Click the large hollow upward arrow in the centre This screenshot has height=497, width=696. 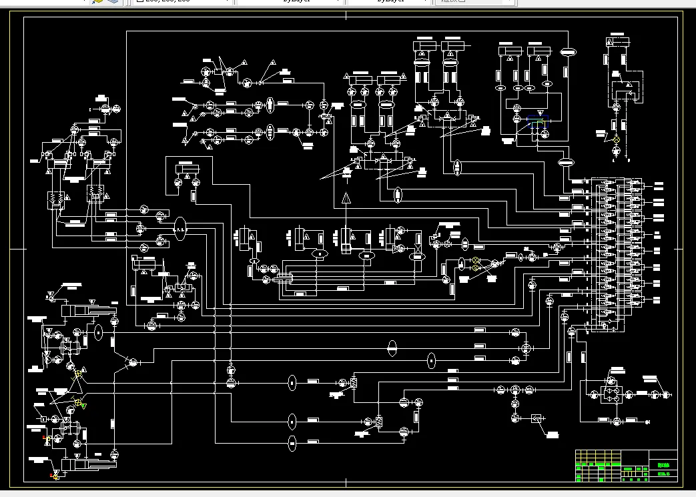pos(346,197)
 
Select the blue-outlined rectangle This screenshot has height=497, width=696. pos(537,123)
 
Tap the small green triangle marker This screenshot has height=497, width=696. pos(83,405)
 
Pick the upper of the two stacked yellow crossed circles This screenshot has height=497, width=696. pos(476,260)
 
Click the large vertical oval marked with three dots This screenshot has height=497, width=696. pos(180,229)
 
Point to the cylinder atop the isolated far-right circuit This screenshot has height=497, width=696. pos(618,42)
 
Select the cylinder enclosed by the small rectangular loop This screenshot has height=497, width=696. pos(188,167)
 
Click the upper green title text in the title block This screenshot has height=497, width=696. pos(662,465)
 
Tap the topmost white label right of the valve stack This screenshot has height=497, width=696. pos(659,183)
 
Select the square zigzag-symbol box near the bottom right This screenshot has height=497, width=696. pos(536,419)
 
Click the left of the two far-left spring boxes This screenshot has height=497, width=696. pos(53,198)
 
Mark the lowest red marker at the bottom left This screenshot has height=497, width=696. pos(52,476)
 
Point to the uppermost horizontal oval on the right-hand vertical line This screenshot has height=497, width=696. pos(568,51)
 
